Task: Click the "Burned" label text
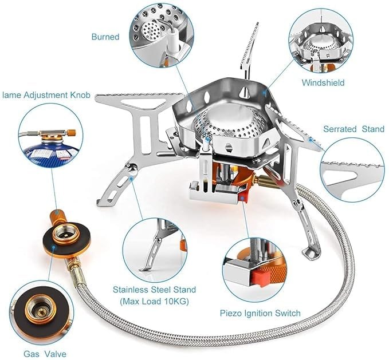(x=105, y=37)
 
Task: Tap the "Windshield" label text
(x=324, y=82)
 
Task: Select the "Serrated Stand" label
(x=353, y=129)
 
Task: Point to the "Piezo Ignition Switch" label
(x=260, y=313)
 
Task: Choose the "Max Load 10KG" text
(x=155, y=301)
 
